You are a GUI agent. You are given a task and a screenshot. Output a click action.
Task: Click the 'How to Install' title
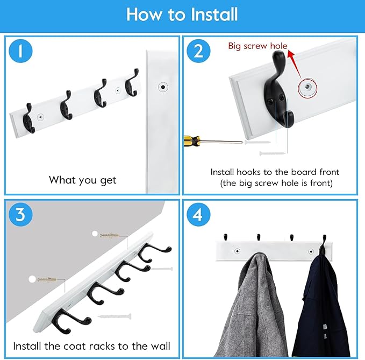click(182, 15)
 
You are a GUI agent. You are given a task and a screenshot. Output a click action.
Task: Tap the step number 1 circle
click(20, 51)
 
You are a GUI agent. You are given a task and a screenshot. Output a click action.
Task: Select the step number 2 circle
click(198, 51)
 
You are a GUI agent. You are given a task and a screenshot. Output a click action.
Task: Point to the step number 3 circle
click(20, 215)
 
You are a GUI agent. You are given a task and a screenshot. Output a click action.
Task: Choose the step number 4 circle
click(198, 215)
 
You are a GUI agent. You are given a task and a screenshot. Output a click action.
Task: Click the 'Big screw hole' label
click(257, 46)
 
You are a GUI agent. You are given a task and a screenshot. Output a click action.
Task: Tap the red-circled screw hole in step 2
click(307, 87)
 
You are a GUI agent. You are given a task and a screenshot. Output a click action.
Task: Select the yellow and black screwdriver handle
click(192, 141)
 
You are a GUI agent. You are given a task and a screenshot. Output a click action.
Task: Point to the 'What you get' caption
click(82, 180)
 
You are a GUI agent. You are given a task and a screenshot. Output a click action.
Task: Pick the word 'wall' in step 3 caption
click(160, 346)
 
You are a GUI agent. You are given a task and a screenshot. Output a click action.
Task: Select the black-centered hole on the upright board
click(163, 87)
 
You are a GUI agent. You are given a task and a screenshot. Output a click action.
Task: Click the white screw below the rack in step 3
click(114, 316)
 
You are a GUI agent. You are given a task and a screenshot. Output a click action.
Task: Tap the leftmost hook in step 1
click(29, 118)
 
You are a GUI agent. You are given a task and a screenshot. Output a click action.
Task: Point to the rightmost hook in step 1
click(132, 83)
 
